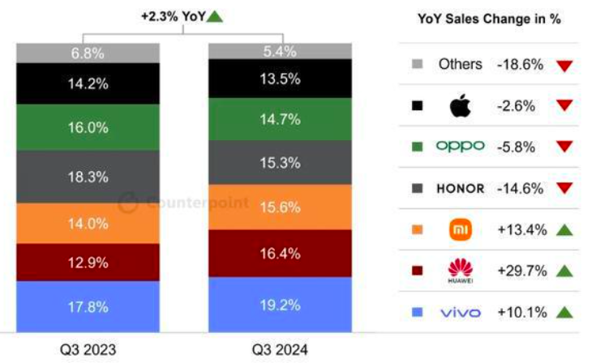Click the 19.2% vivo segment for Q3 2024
click(280, 305)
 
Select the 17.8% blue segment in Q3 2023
click(88, 306)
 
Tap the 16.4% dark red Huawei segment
click(280, 253)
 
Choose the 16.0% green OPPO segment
click(88, 127)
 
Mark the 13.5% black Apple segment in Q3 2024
click(280, 79)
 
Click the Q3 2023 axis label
click(88, 350)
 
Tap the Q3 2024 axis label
click(280, 350)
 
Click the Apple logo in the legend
click(461, 105)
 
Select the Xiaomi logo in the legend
click(461, 229)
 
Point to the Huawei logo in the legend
click(461, 271)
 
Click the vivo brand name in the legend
click(461, 312)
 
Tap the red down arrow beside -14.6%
click(564, 188)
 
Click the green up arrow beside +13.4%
click(564, 230)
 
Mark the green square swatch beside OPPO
click(417, 147)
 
